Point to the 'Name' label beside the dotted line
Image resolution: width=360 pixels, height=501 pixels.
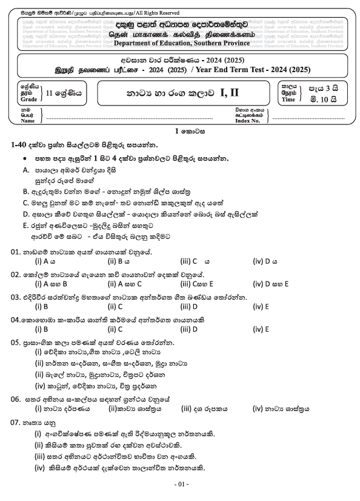[28, 121]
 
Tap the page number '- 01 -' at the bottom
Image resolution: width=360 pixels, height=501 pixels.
[181, 485]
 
